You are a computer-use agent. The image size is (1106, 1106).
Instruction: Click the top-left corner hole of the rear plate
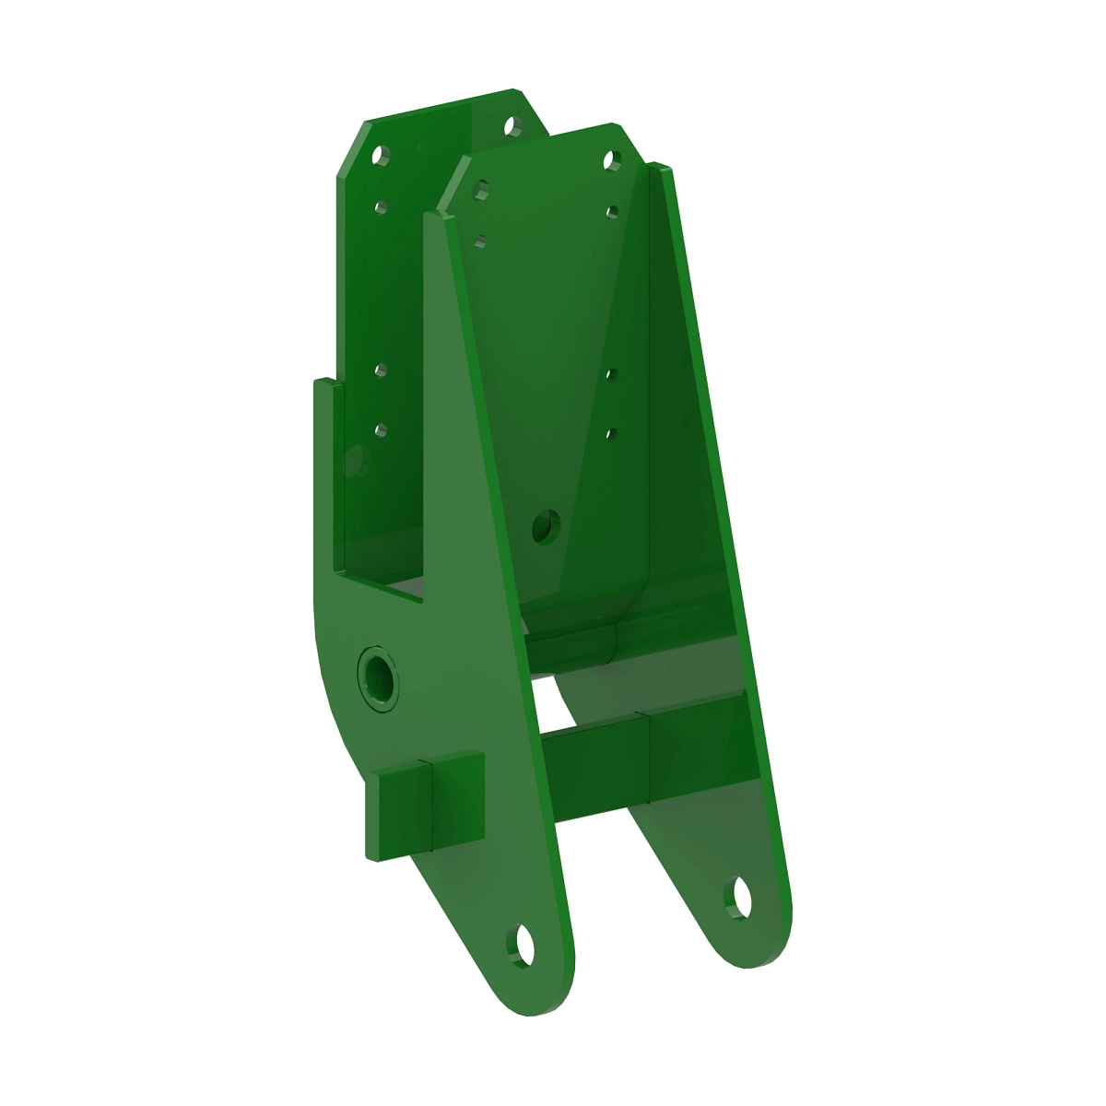point(377,156)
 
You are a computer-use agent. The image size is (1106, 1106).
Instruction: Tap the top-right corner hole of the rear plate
point(510,126)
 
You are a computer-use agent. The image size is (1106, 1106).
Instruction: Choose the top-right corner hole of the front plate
point(609,161)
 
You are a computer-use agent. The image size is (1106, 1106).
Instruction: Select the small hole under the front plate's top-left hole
point(478,241)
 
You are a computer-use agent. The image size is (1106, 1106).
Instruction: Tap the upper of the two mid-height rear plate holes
point(380,371)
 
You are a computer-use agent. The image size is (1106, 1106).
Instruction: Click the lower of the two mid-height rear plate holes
point(380,428)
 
